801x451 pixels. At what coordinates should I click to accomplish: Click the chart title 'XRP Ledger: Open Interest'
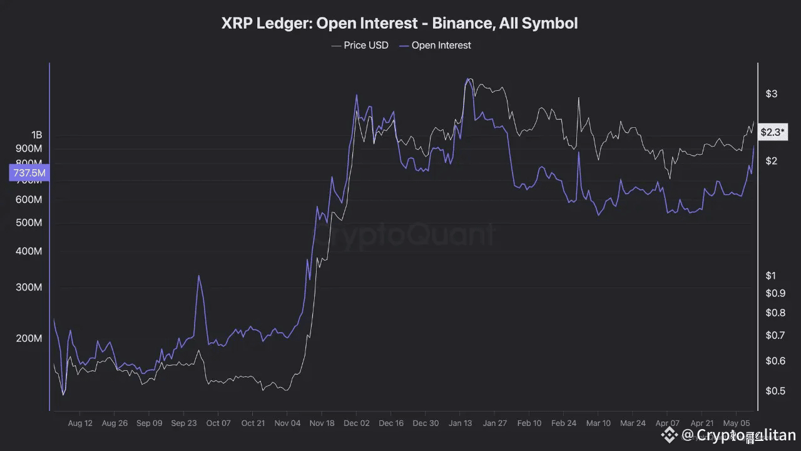[399, 24]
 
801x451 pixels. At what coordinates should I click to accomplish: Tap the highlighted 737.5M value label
[29, 173]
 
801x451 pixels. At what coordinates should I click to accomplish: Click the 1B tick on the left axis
[36, 135]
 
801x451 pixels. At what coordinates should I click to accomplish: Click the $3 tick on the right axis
[771, 94]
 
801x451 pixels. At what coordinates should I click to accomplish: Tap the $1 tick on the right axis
[771, 276]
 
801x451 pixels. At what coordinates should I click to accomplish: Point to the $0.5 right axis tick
[775, 391]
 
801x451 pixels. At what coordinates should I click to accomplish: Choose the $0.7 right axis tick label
[775, 335]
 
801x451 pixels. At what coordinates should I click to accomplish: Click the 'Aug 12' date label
[80, 423]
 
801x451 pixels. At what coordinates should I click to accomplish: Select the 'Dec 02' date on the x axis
[356, 423]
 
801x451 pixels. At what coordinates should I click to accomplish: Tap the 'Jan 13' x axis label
[460, 423]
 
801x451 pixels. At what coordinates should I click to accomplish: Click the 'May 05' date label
[737, 423]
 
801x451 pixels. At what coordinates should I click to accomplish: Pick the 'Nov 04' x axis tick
[287, 423]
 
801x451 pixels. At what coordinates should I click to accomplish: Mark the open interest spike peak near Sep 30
[199, 276]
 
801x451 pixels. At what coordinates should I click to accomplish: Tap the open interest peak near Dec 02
[357, 95]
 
